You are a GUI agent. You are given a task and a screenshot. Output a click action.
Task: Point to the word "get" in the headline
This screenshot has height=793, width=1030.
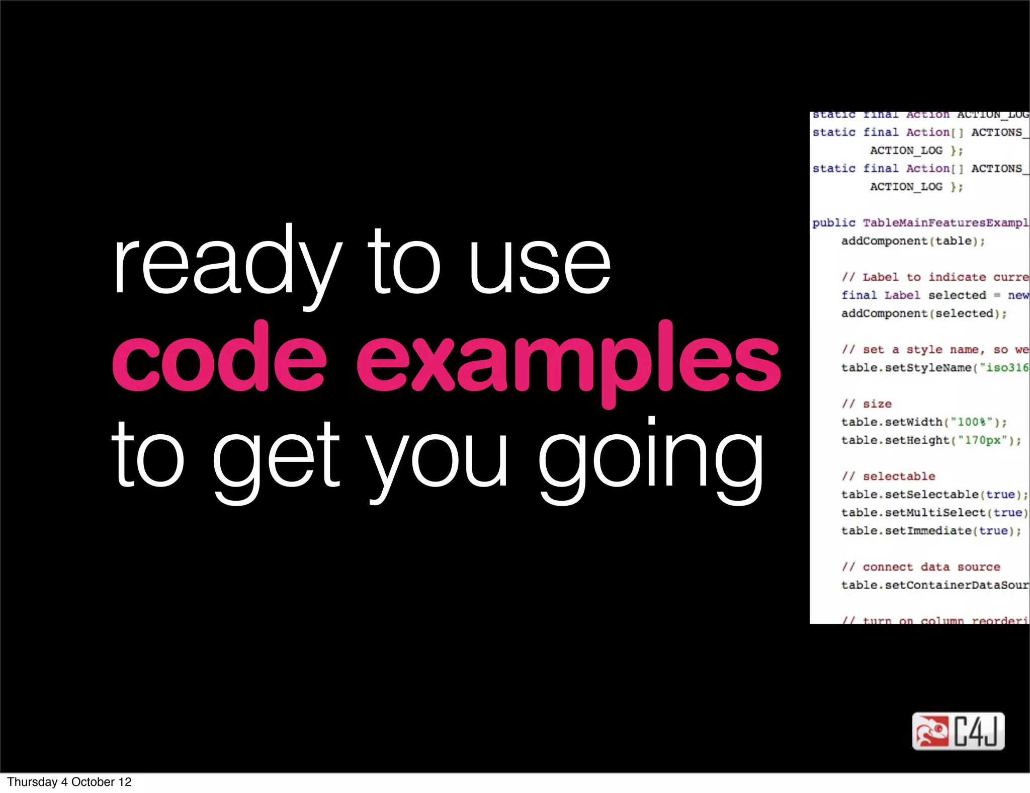(277, 458)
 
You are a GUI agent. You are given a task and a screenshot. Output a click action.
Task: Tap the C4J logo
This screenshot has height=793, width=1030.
(958, 731)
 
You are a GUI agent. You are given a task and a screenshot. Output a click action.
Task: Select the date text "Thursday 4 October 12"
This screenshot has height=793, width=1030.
(69, 782)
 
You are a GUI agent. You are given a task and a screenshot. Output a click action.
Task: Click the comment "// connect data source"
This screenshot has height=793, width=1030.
(921, 567)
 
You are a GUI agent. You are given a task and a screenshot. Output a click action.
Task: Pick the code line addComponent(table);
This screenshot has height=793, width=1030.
(913, 241)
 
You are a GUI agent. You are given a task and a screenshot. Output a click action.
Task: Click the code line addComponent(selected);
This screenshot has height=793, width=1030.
(924, 313)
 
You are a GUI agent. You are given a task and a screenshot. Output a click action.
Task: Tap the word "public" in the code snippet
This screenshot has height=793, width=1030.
(833, 223)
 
